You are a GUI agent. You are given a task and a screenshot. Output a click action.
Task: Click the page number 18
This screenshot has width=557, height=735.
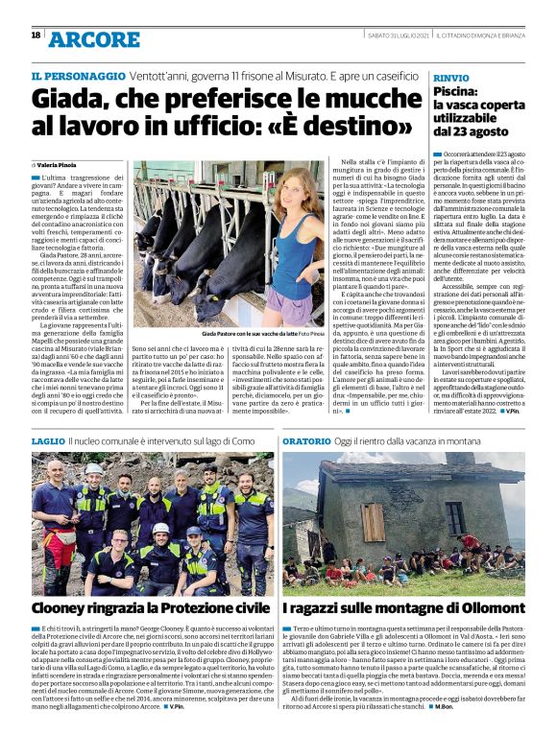(36, 36)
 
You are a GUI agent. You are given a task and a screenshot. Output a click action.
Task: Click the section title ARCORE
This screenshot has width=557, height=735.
(94, 39)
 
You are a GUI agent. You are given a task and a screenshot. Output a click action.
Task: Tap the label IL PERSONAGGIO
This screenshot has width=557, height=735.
(78, 75)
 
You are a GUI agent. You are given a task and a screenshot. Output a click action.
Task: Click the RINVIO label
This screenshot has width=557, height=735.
(451, 75)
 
